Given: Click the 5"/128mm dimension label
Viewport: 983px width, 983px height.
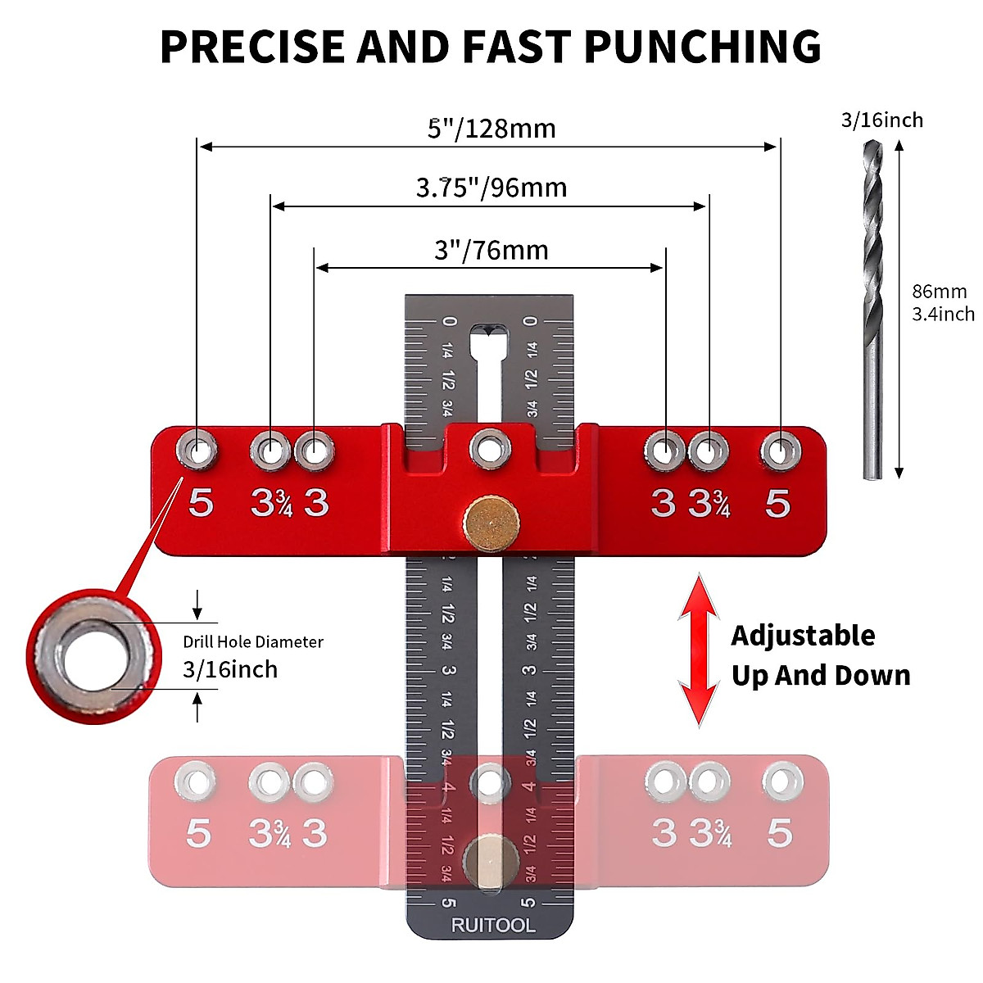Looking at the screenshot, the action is point(491,129).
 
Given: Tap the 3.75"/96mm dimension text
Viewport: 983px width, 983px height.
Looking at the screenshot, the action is point(491,188).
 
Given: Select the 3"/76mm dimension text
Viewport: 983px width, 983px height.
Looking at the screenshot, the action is point(491,251).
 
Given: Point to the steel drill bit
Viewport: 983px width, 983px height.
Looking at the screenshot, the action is point(872,310).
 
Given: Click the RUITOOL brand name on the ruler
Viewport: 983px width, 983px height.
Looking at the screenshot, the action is point(493,926).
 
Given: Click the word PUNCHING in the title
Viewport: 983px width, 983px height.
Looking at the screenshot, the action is point(703,47).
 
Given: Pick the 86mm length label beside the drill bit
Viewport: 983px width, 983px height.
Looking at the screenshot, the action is point(939,292).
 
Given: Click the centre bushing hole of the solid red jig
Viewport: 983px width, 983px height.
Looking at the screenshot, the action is point(490,450).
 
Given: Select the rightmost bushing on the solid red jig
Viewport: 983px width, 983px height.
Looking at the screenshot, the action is point(781,451).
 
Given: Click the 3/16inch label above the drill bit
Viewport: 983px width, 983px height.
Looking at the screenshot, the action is point(882,120).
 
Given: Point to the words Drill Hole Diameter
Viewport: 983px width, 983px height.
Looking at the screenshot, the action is point(253,641).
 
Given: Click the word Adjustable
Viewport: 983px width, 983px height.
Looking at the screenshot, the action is point(803,636).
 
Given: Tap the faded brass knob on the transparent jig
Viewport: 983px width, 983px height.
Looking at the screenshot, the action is point(491,862).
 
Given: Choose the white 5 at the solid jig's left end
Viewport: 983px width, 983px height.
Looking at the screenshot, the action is point(201,503).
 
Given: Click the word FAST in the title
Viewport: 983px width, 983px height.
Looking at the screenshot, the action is point(516,47).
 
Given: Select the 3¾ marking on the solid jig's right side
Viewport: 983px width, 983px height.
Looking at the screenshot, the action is point(709,504).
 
